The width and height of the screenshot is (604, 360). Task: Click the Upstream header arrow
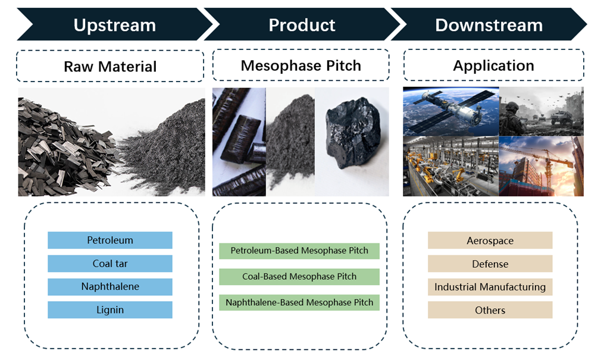(114, 25)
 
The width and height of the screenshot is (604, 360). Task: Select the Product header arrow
(302, 25)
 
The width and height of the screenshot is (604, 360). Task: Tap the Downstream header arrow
(489, 25)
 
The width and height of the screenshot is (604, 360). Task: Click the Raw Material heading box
(110, 66)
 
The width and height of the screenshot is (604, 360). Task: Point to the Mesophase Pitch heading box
(301, 65)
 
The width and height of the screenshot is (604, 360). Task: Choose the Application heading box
(493, 65)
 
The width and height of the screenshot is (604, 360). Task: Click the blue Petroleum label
(110, 240)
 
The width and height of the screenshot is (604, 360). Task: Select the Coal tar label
(110, 264)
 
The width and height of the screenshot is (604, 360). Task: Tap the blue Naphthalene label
(110, 286)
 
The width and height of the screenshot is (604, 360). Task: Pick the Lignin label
(110, 309)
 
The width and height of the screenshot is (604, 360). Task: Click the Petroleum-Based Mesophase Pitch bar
(299, 251)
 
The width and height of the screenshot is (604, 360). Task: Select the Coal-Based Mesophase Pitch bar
(299, 276)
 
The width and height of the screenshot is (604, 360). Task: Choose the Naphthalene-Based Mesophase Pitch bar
(299, 302)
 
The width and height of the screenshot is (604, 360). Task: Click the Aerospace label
(490, 240)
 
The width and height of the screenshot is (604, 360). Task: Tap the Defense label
(490, 264)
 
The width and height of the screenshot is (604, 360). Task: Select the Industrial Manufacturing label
(490, 287)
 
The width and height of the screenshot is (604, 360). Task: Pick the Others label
(490, 310)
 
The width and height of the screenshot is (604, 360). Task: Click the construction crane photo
(541, 167)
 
